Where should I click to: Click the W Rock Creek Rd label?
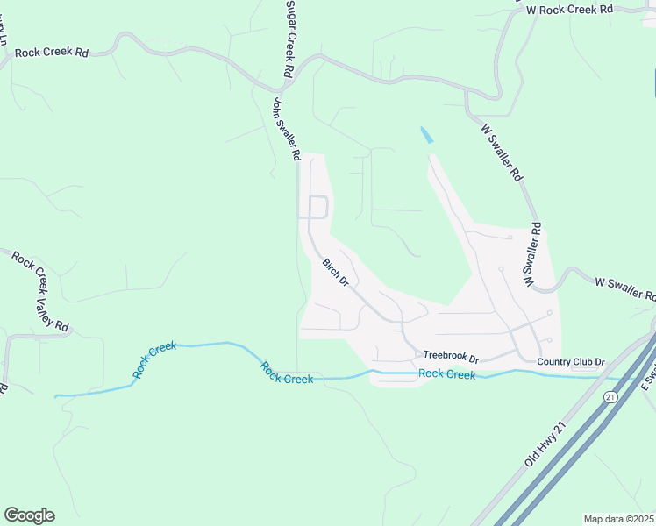coord(568,9)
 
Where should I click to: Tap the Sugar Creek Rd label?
coord(289,38)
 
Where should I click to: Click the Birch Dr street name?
coord(335,272)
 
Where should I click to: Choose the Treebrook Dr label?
coord(451,358)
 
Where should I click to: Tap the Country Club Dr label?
coord(571,361)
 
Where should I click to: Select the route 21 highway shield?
coord(610,397)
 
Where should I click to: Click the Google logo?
coord(29,515)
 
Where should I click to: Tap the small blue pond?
coord(426,136)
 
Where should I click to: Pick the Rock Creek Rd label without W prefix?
coord(52,53)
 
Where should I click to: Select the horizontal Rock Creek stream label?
coord(446,374)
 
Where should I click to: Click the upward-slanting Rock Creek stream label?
coord(155,360)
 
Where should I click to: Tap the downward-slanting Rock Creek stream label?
coord(287,373)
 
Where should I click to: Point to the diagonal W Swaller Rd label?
coord(503,152)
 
